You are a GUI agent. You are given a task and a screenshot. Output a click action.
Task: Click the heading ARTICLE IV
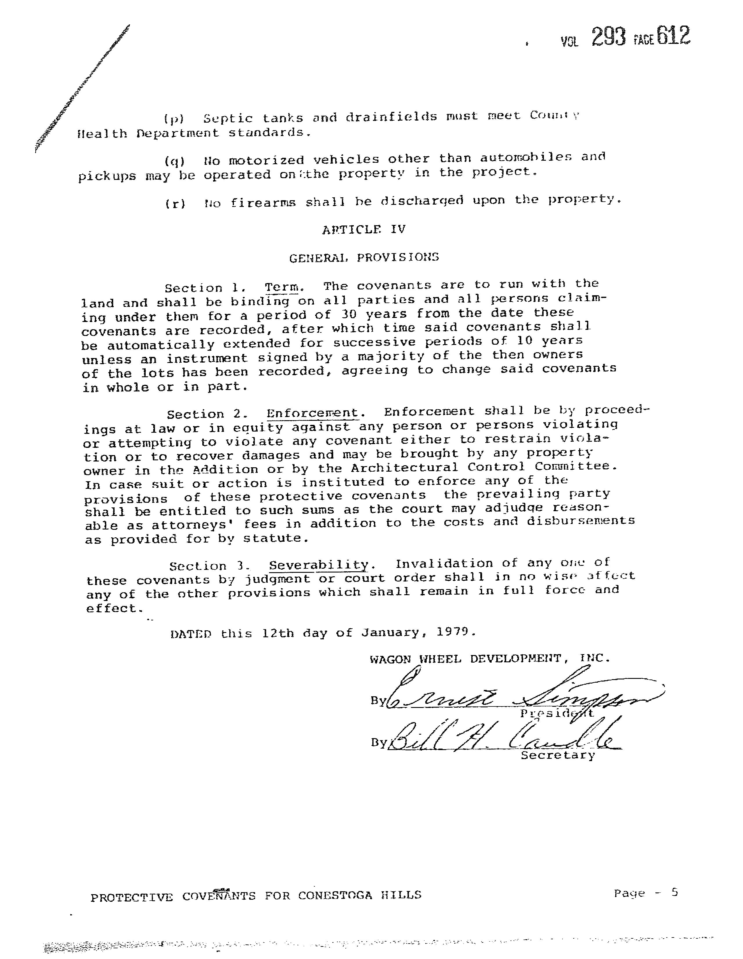tap(364, 230)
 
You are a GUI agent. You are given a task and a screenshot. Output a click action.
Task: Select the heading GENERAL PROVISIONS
tap(364, 257)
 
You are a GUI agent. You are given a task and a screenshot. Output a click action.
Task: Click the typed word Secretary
tap(558, 755)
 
